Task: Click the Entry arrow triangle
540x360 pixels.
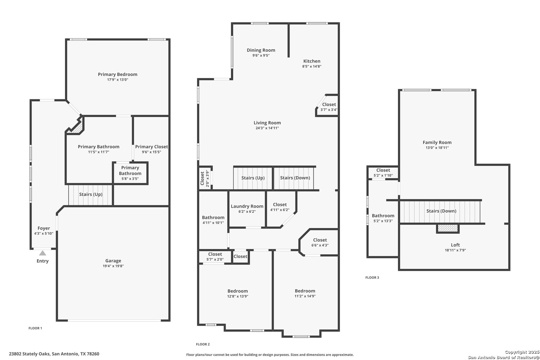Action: (43, 253)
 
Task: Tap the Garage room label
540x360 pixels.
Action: (113, 261)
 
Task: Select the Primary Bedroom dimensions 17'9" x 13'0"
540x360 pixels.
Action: (118, 80)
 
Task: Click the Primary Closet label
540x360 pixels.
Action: (151, 147)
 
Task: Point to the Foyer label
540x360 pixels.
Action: (44, 228)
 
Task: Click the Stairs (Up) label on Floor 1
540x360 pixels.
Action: (91, 194)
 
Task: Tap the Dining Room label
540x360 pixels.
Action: (261, 50)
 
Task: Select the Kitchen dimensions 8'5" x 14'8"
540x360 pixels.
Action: (312, 66)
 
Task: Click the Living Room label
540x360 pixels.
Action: (267, 123)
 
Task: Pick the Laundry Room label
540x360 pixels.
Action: (247, 206)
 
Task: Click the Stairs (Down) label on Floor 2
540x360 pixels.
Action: (295, 178)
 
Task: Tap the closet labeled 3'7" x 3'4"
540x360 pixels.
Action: (329, 107)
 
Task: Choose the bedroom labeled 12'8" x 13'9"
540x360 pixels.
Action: (238, 293)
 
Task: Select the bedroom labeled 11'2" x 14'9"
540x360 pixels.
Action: (305, 293)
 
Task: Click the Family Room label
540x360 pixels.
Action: (437, 143)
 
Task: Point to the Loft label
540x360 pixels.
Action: (455, 245)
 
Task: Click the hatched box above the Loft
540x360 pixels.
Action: (448, 228)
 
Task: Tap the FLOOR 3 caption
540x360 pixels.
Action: (372, 278)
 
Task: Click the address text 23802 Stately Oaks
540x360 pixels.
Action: (30, 354)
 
